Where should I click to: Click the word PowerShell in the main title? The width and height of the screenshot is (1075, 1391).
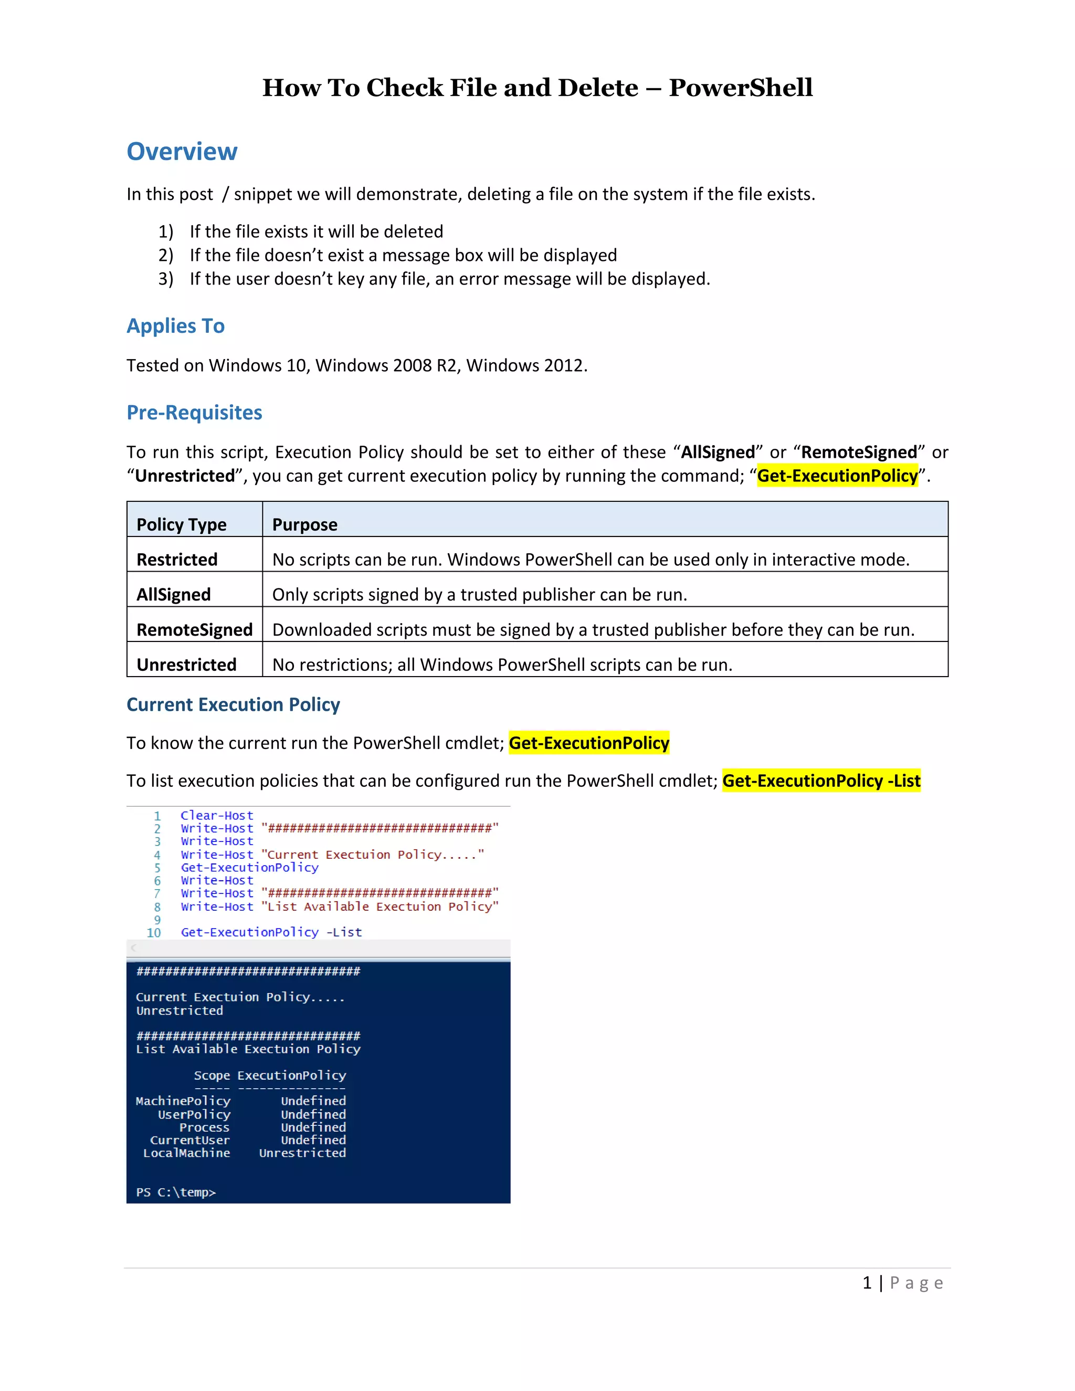(740, 88)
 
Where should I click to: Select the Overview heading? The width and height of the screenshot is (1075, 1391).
(182, 152)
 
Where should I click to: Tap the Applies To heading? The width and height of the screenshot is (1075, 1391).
(176, 326)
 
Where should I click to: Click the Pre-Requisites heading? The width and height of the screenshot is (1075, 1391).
(194, 413)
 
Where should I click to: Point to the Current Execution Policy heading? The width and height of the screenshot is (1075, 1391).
(233, 704)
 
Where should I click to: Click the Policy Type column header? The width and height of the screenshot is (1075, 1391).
(182, 524)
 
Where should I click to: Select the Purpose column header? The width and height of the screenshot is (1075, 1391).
(305, 524)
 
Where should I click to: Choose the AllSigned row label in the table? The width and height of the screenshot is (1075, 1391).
(173, 594)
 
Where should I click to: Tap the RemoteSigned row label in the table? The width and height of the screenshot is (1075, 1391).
(194, 629)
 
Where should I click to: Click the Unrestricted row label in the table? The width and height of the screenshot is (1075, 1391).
(186, 665)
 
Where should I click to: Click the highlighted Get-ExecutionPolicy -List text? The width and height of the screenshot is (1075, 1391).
(821, 781)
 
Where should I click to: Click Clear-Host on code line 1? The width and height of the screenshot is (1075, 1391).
(217, 815)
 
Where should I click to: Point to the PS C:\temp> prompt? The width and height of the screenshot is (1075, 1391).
(176, 1192)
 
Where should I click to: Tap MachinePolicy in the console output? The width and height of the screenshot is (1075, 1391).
(183, 1101)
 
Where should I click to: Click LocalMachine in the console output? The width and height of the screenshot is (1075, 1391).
(186, 1153)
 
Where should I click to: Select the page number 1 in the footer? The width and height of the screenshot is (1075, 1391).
(867, 1283)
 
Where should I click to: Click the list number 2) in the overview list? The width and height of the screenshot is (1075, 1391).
(165, 256)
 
